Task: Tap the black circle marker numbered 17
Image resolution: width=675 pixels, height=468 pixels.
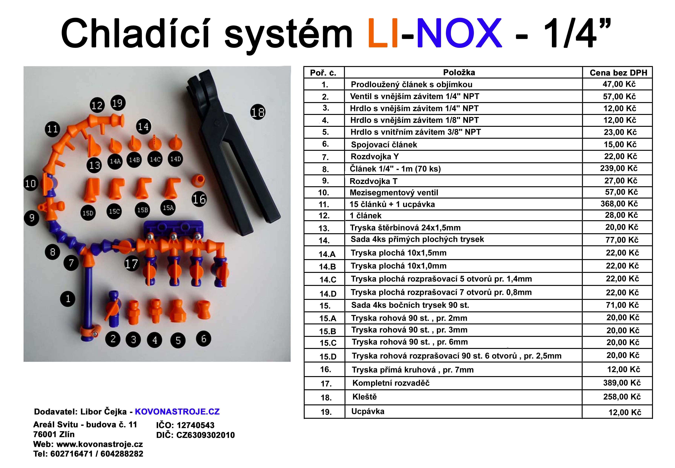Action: point(132,264)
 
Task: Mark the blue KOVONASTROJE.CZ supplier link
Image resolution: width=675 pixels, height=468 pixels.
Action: point(177,412)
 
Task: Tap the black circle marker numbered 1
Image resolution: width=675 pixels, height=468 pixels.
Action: point(68,299)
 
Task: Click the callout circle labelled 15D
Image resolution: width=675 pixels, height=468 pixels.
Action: point(88,213)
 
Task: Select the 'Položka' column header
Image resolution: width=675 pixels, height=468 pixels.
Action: point(459,72)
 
